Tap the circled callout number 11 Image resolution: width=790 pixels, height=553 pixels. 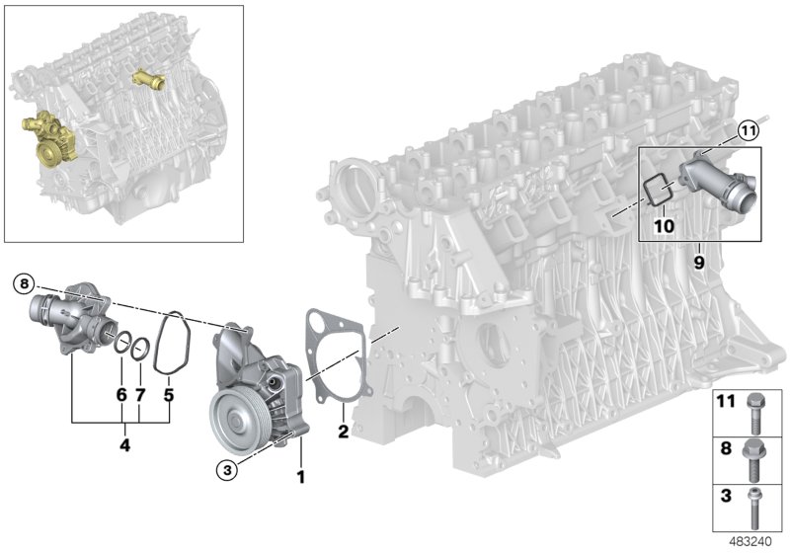747,128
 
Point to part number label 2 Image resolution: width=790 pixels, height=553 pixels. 343,431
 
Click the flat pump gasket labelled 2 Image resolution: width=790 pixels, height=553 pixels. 333,355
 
